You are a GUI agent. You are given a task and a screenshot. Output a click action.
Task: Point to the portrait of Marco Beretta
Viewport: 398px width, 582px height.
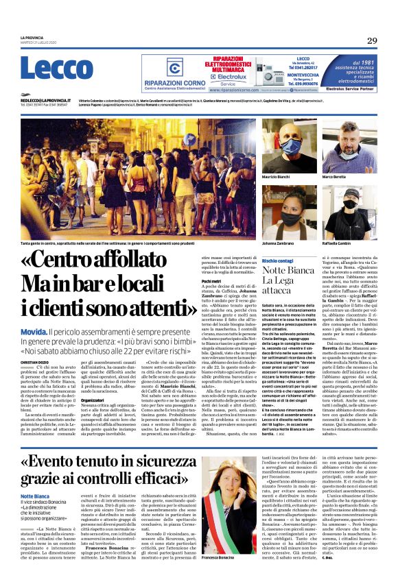pos(349,148)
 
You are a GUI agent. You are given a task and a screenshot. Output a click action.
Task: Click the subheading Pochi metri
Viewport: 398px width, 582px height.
pos(211,281)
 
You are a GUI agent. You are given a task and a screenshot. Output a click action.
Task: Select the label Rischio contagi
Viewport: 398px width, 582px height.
pos(259,261)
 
